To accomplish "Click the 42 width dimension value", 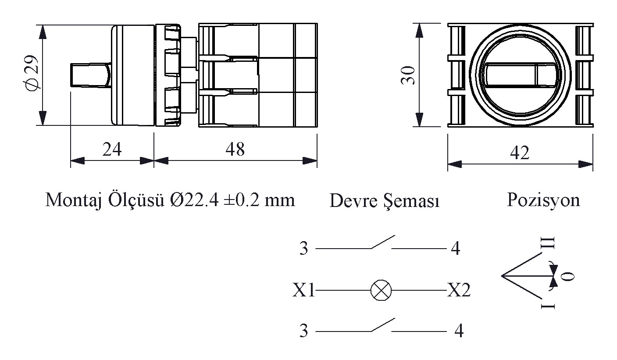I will tap(520, 153).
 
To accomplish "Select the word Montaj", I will tap(72, 200).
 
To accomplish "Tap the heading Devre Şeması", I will tap(384, 201).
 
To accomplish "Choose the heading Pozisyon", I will tap(543, 200).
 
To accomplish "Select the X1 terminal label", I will tap(304, 291).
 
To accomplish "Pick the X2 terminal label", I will tap(459, 290).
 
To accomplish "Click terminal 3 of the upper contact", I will tap(304, 249).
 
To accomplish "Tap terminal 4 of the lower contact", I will tap(459, 331).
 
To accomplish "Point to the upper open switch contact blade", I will tap(382, 242).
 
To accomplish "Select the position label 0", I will tap(567, 277).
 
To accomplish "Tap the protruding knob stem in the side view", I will tap(89, 75).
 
